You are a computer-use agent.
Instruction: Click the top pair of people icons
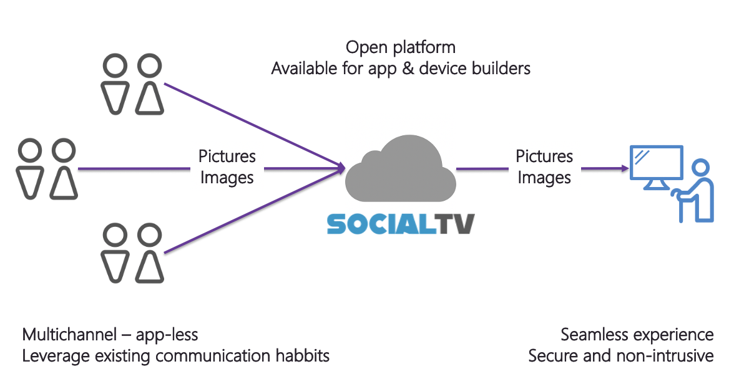coord(133,85)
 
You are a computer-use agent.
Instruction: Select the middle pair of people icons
coord(47,169)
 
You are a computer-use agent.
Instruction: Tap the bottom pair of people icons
coord(133,253)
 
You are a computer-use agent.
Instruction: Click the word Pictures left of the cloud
coord(227,156)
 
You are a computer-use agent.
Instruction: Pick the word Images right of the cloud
coord(544,178)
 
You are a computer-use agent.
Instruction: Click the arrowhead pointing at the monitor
coord(622,168)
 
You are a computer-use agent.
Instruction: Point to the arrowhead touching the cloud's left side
coord(341,167)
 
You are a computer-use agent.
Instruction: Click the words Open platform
coord(401,47)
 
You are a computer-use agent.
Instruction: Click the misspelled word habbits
coord(298,356)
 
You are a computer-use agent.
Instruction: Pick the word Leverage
coord(52,356)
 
